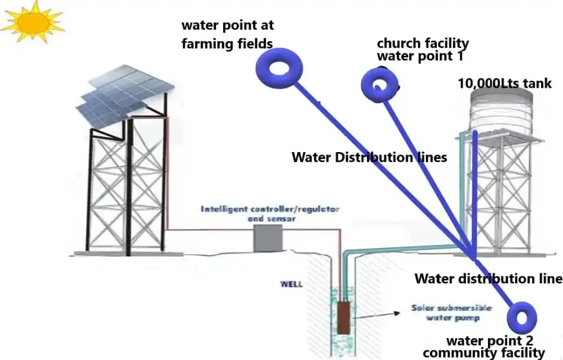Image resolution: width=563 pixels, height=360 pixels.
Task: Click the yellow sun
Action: point(33,22)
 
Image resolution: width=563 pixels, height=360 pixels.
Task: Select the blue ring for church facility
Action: point(379,85)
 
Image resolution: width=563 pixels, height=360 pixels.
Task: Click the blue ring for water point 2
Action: point(520,318)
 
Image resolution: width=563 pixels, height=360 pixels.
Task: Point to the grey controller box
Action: point(267,238)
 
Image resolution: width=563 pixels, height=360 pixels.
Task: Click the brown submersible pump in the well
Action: point(343,318)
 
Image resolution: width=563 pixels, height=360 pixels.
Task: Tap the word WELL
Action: point(292,284)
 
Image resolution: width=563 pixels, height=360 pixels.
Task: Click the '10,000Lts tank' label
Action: point(504,83)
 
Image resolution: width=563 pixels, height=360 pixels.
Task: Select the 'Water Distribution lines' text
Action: point(369,157)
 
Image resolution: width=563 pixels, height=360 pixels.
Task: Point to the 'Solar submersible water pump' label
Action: point(451,313)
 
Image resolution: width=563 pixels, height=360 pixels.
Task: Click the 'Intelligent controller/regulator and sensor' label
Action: point(271,214)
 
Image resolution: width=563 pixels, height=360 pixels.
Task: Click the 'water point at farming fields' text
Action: point(227,35)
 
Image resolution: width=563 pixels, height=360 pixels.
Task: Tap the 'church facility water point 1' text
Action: point(422,50)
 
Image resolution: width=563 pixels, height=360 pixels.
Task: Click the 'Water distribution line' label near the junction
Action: point(488,278)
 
